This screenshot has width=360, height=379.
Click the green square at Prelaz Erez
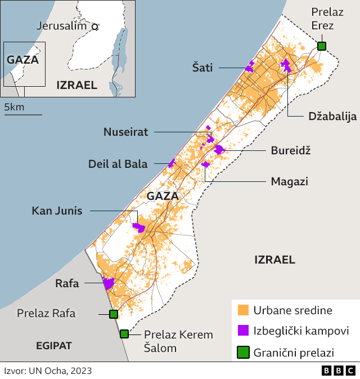tap(321, 46)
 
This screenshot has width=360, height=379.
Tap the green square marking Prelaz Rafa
tap(113, 314)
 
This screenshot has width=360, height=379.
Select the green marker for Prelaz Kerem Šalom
tap(124, 334)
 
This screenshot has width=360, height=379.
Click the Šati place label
tap(202, 68)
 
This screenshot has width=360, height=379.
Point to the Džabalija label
tap(332, 117)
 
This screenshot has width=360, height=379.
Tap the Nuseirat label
tap(125, 132)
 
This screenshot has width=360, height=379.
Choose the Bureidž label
tap(291, 151)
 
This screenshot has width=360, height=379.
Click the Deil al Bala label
tap(118, 164)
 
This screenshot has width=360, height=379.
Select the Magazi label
tap(289, 181)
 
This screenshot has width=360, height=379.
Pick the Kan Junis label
tap(57, 211)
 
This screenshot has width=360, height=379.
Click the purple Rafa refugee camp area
tap(108, 283)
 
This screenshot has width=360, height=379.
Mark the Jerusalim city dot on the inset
tap(95, 26)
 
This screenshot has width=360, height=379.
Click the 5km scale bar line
tap(23, 114)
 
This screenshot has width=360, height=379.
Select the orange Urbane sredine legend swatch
tap(243, 310)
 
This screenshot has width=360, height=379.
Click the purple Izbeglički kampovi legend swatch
tap(243, 331)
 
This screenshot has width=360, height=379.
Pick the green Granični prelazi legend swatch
tap(243, 353)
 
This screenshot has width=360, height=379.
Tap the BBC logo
tap(339, 371)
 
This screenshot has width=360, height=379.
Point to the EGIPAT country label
tap(54, 345)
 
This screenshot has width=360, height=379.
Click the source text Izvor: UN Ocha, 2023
tap(48, 371)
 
